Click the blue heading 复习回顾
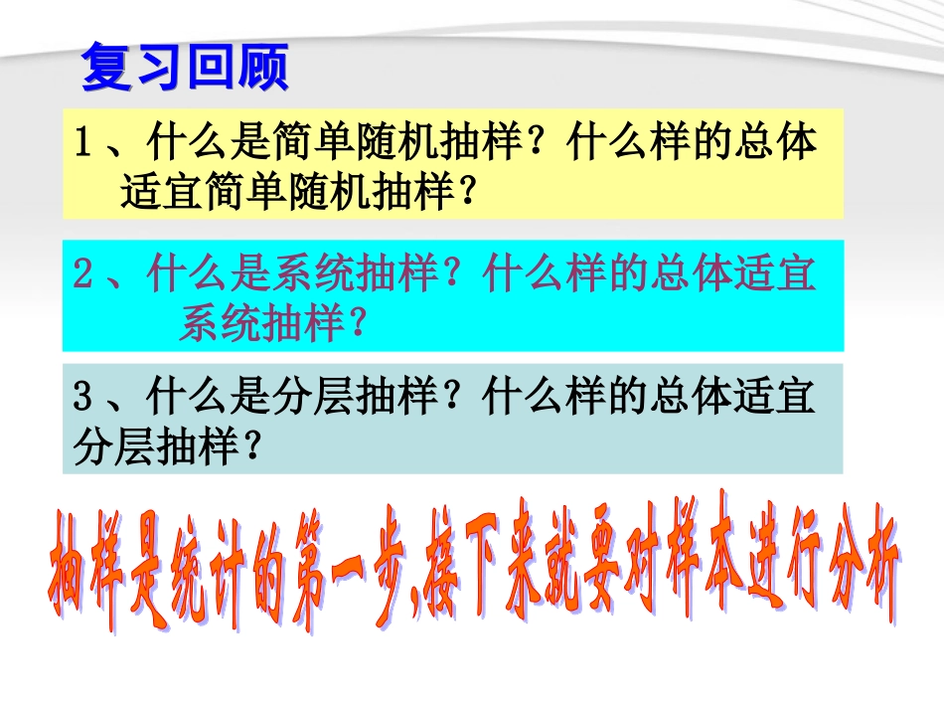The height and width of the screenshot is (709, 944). pyautogui.click(x=184, y=68)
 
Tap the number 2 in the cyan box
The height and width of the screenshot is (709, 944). pyautogui.click(x=84, y=274)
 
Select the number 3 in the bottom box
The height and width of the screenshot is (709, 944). pyautogui.click(x=84, y=400)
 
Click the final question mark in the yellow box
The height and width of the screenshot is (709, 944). pyautogui.click(x=459, y=190)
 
